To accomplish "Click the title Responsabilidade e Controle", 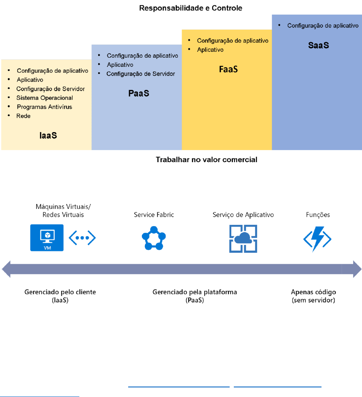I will coord(190,8).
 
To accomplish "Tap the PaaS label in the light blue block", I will coord(139,93).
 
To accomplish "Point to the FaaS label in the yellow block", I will coord(228,69).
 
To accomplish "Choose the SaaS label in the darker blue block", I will coord(319,45).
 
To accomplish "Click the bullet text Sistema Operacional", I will coord(45,98).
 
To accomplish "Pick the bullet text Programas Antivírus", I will coord(45,107).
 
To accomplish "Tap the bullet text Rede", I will coord(23,116).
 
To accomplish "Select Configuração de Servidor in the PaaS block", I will coord(141,74).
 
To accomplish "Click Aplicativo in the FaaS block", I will coord(210,50).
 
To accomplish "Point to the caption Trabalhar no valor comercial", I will coord(207,159).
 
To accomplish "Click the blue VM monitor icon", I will coord(47,238).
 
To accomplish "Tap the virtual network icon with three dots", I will coord(82,238).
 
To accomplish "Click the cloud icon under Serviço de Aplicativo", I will coord(243,238).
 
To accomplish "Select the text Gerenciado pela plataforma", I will coord(195,292).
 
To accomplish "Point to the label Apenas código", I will coord(313,292).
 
